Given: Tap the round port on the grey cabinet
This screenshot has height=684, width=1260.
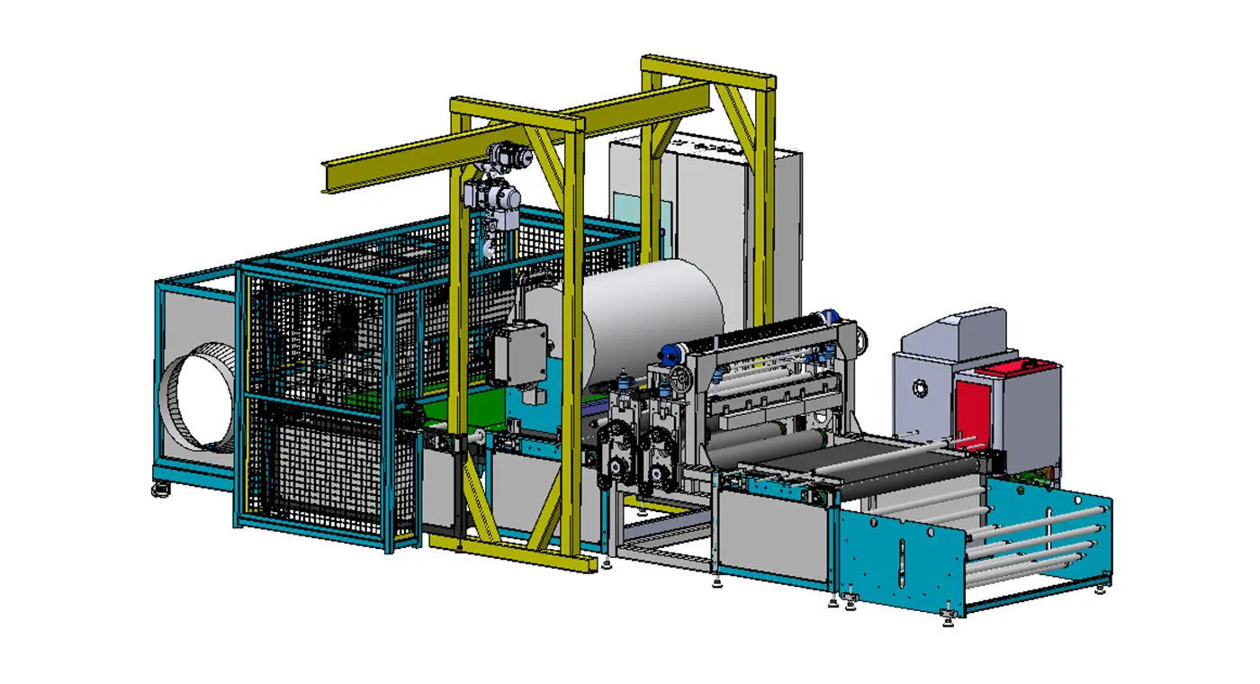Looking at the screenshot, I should [x=919, y=388].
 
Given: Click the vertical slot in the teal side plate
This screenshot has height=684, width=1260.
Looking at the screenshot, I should [x=901, y=563].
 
